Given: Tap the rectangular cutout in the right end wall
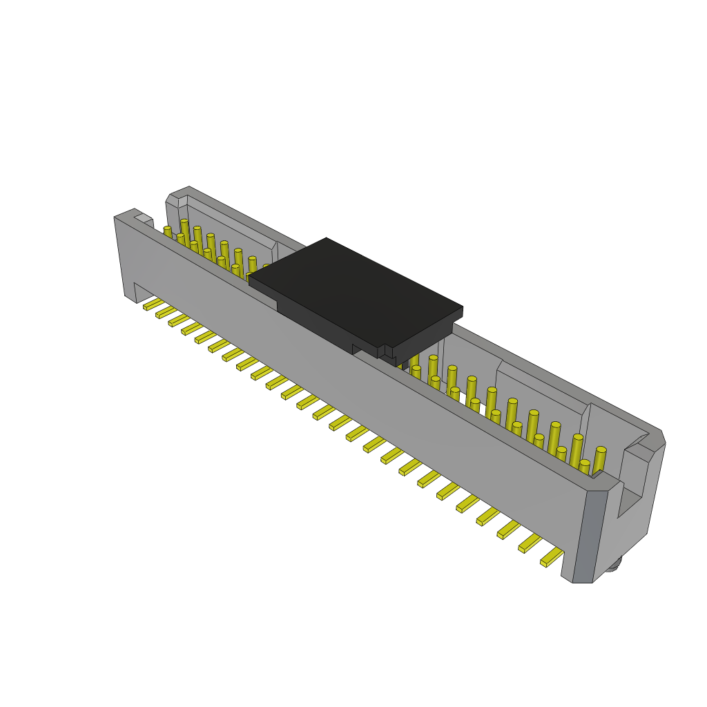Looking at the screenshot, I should [630, 493].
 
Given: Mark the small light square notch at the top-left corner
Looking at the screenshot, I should [144, 218].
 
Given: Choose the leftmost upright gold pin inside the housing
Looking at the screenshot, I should [168, 232].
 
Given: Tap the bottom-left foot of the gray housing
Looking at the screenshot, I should [130, 297].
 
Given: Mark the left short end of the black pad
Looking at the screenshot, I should [263, 291].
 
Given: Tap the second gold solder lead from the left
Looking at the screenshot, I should [166, 312].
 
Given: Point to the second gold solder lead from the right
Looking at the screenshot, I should [530, 543].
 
